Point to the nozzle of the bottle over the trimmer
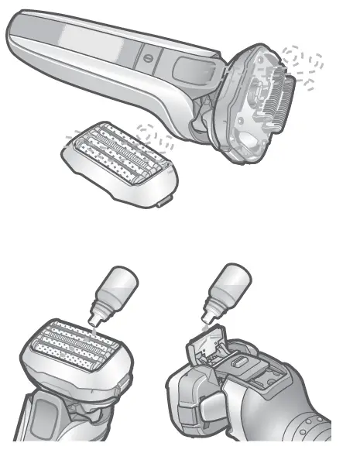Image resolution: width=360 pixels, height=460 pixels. [207, 320]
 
